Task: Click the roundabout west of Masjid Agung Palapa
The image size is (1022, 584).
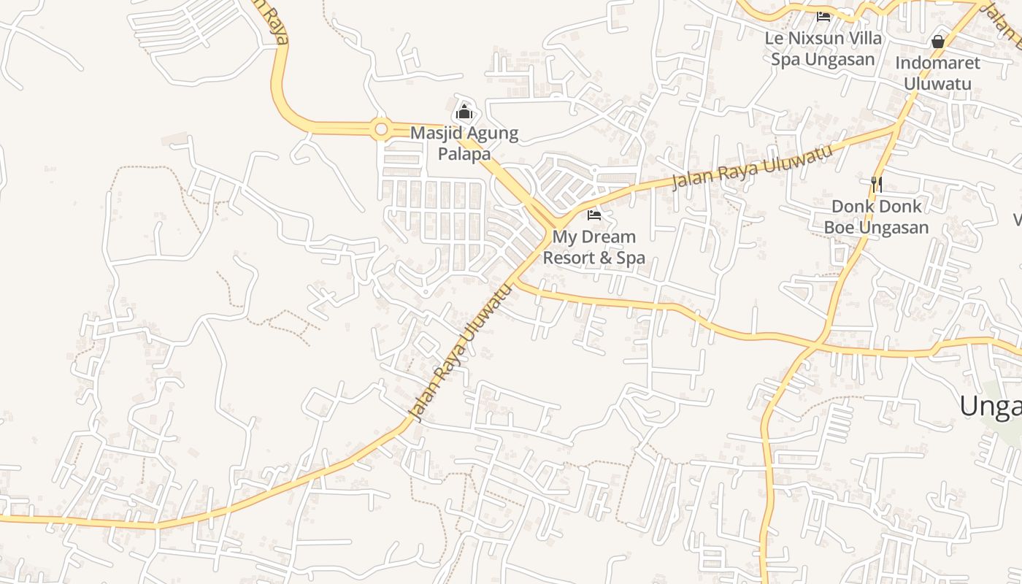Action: click(380, 130)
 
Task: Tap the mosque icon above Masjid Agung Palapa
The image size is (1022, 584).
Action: click(464, 112)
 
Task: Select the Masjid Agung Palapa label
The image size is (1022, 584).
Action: click(464, 143)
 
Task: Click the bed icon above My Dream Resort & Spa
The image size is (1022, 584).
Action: click(594, 215)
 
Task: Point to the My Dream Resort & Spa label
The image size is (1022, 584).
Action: click(594, 247)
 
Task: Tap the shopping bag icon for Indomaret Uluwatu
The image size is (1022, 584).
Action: click(938, 42)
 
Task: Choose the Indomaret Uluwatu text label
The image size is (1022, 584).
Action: click(938, 73)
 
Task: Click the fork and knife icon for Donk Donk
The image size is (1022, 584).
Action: click(877, 184)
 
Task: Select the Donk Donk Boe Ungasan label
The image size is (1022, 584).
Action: click(877, 217)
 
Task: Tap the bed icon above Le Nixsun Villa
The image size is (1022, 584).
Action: click(823, 16)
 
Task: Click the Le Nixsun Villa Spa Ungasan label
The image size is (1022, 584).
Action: click(823, 48)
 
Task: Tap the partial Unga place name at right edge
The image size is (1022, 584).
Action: click(991, 406)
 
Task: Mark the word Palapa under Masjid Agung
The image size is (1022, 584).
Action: click(464, 153)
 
